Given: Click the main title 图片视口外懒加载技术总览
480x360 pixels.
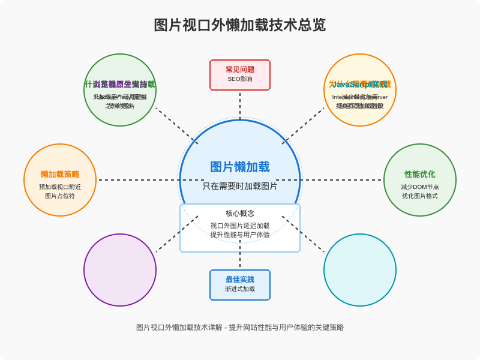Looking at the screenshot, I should point(240,25).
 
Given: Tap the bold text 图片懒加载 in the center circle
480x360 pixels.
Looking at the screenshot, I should point(240,167).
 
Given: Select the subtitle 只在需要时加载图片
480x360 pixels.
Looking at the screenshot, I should point(240,186).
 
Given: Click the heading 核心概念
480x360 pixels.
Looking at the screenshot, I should point(240,213).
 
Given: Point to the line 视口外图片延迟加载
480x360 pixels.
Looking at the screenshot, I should point(240,226).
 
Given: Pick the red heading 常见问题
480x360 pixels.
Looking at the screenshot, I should point(240,69).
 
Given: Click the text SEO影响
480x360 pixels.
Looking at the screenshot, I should point(240,79).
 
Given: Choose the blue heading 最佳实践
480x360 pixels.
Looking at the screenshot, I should point(240,279).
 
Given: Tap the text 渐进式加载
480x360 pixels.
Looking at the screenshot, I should point(240,289).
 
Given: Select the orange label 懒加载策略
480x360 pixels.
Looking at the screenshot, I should point(60,174).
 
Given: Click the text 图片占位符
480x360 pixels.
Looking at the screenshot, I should point(60,196).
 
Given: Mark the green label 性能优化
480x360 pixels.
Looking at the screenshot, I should point(420,174).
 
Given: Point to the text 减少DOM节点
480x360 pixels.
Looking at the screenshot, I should point(420,187).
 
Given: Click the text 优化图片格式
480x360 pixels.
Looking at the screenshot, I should point(420,196).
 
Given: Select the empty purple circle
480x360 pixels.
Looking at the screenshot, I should point(120,270).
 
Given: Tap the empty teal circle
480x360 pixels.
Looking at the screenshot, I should point(360,270).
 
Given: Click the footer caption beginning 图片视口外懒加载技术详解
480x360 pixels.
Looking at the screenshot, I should point(240,328).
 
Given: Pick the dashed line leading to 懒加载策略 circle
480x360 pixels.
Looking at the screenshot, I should point(138,180).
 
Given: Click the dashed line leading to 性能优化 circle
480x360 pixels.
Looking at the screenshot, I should point(342,180).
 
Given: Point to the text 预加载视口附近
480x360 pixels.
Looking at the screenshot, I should point(60,187).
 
